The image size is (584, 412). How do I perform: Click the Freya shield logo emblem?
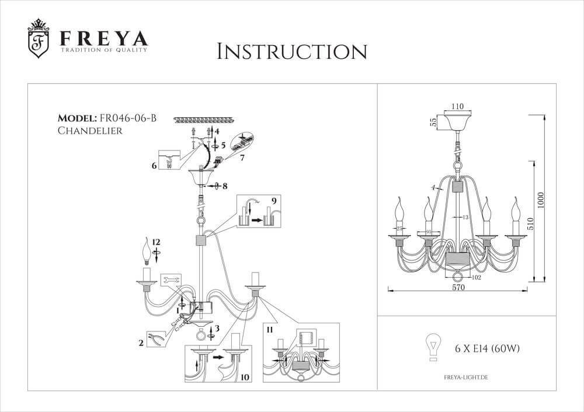pyautogui.click(x=39, y=40)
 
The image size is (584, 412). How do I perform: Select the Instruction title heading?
pyautogui.click(x=291, y=51)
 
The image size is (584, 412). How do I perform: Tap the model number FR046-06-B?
pyautogui.click(x=128, y=119)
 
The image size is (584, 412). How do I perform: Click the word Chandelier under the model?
pyautogui.click(x=90, y=131)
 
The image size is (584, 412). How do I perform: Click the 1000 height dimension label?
pyautogui.click(x=541, y=201)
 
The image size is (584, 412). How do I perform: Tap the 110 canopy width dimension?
pyautogui.click(x=457, y=107)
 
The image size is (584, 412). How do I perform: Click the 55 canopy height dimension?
pyautogui.click(x=433, y=123)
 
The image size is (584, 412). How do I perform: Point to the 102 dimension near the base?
pyautogui.click(x=476, y=278)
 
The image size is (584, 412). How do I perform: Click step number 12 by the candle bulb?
pyautogui.click(x=156, y=242)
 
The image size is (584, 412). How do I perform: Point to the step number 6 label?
pyautogui.click(x=154, y=166)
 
